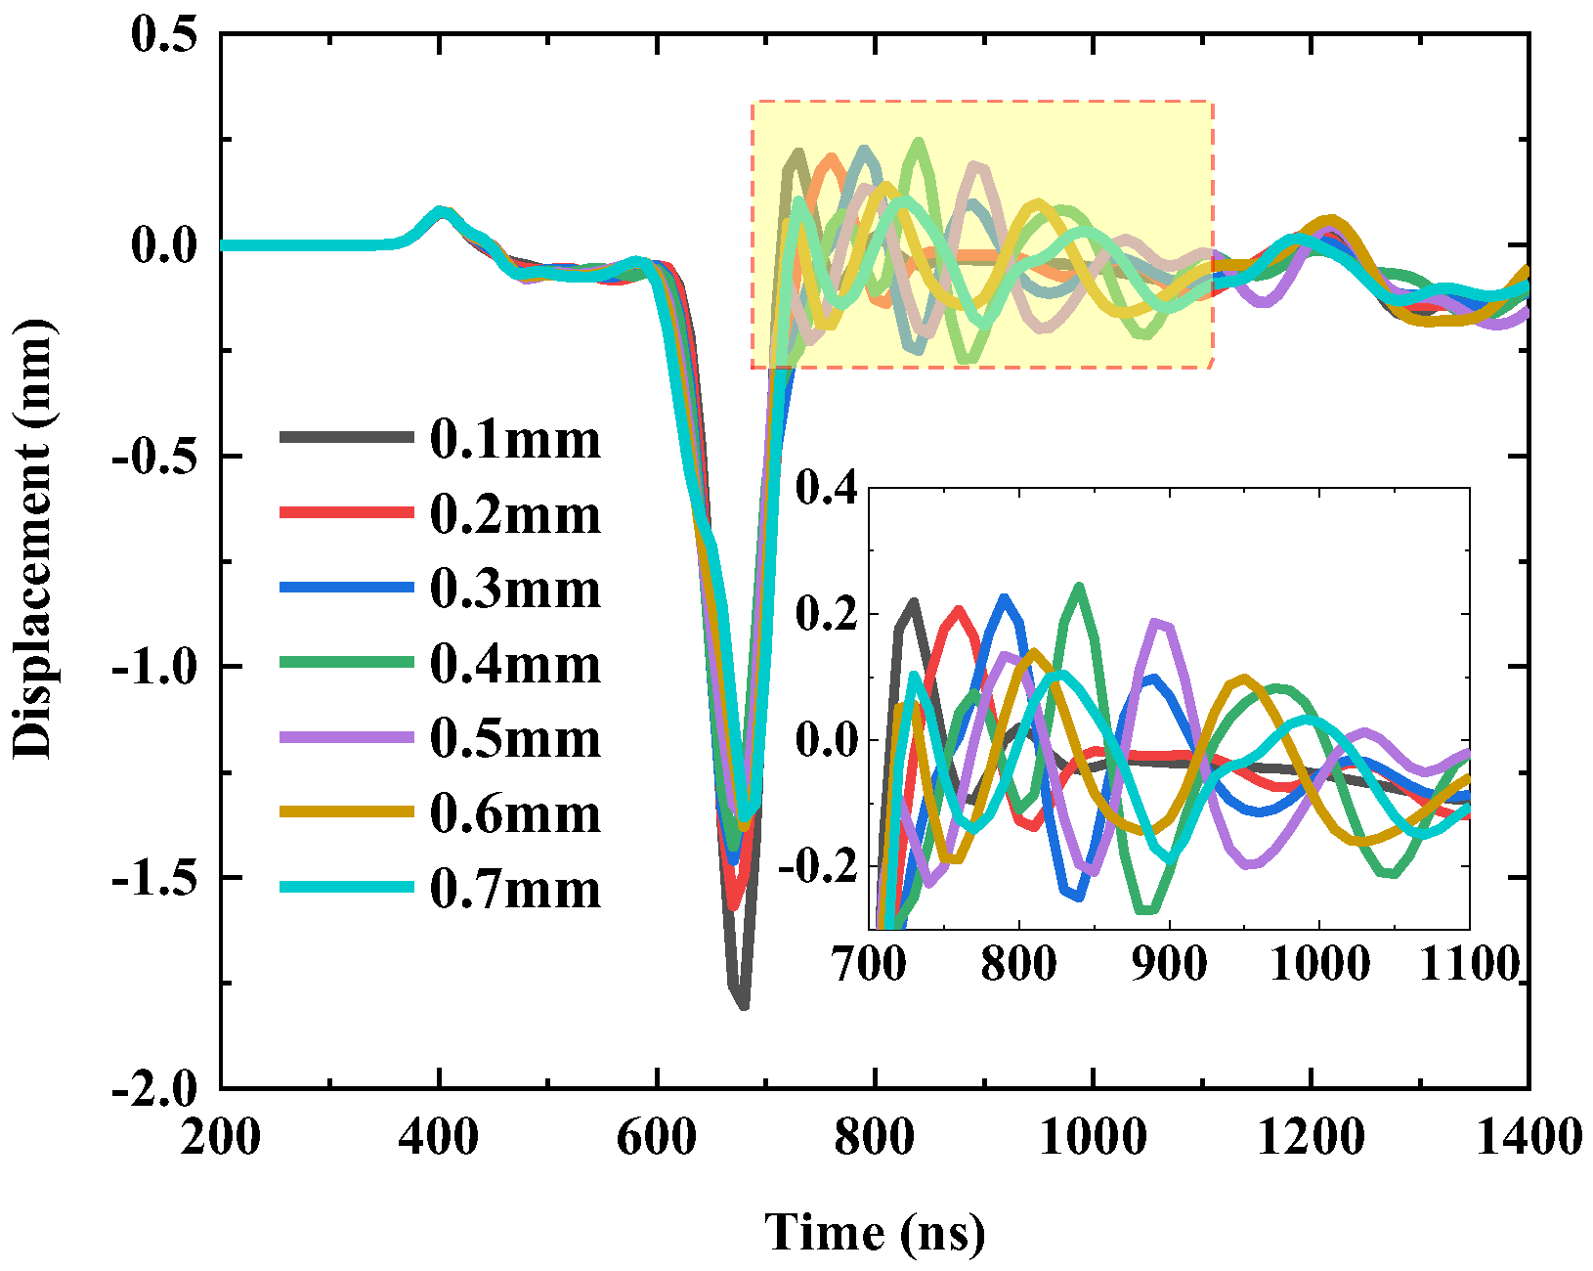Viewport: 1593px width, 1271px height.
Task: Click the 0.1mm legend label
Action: tap(515, 440)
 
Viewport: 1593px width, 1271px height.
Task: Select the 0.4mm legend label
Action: tap(515, 665)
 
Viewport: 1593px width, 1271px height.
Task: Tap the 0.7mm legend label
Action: tap(515, 890)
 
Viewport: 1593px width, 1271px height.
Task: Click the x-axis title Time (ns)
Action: tap(875, 1232)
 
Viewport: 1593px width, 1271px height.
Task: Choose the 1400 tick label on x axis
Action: tap(1528, 1138)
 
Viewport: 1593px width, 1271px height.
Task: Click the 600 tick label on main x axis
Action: tap(657, 1138)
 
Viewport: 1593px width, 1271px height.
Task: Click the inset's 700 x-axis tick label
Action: tap(869, 964)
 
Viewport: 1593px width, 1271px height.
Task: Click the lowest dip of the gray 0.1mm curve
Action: tap(743, 1005)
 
